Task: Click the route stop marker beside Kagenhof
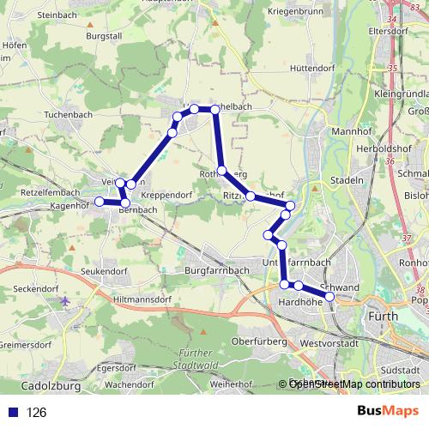(100, 202)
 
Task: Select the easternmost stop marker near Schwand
(329, 296)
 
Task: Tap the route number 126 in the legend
(37, 413)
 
